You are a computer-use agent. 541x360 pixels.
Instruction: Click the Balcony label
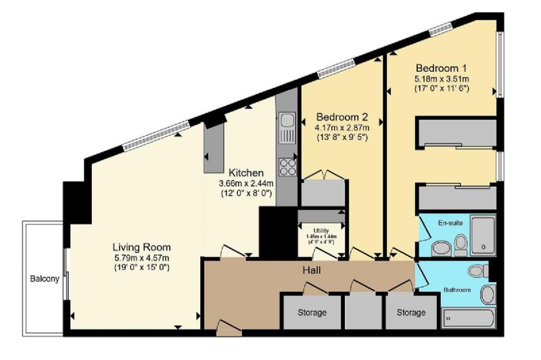click(x=45, y=279)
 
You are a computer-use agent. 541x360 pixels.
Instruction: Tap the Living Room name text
click(x=141, y=247)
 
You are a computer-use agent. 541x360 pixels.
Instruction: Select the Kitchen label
click(x=246, y=173)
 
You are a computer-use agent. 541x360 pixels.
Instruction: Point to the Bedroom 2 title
click(x=342, y=116)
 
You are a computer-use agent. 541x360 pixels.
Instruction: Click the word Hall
click(x=312, y=270)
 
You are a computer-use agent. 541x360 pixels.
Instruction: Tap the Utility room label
click(x=321, y=231)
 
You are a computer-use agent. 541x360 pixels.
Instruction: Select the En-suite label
click(x=450, y=223)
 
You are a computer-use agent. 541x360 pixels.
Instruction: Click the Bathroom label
click(x=457, y=290)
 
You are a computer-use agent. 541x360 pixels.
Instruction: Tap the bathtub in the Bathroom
click(x=468, y=318)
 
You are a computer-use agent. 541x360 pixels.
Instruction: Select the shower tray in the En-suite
click(x=483, y=235)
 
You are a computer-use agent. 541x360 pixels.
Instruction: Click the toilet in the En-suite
click(x=461, y=245)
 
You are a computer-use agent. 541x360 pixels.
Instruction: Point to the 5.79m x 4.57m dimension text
click(x=141, y=258)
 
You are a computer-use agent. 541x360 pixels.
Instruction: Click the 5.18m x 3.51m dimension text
click(x=442, y=79)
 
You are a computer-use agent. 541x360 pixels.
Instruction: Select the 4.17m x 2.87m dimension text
click(x=342, y=128)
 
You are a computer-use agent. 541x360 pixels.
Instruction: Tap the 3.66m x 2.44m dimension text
click(x=246, y=183)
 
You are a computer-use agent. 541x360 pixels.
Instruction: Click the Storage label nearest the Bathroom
click(x=411, y=313)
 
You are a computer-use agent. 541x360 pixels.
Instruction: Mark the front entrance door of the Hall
click(x=229, y=328)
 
